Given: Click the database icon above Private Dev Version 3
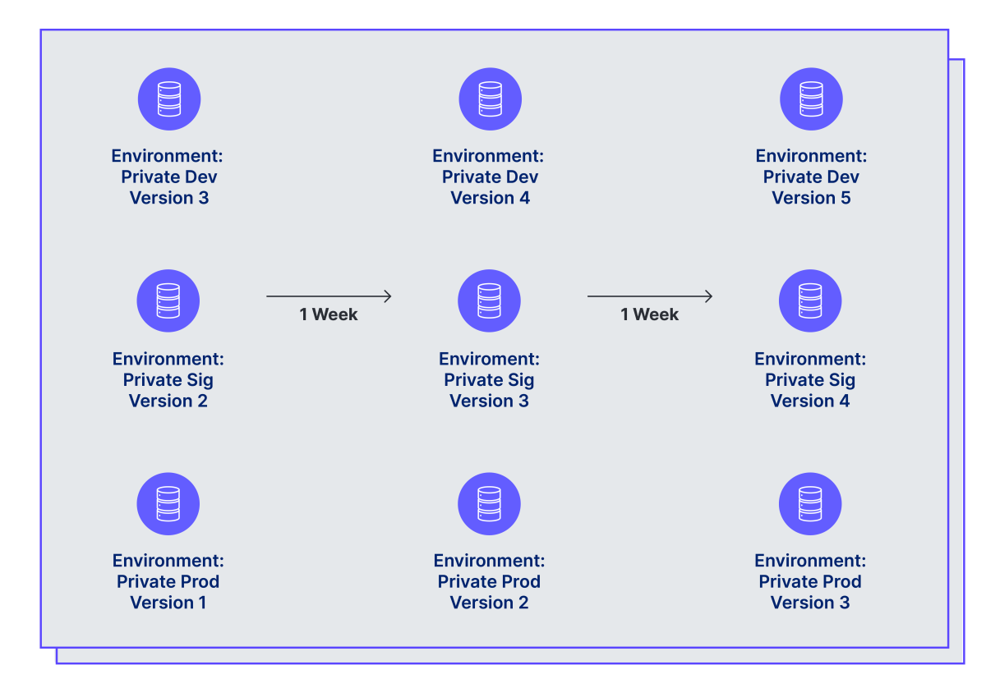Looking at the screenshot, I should pos(169,99).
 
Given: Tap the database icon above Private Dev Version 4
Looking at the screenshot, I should pos(491,99).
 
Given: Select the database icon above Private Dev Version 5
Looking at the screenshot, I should pos(811,99).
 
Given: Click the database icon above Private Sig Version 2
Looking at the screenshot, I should pos(168,301).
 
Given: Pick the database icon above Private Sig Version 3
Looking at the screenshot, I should pos(489,301).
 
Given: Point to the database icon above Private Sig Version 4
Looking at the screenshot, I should pos(810,301).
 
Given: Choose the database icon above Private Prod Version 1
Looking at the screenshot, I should pos(168,503).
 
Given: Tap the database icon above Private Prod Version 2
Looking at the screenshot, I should pos(489,503).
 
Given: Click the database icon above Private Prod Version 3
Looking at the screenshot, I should pos(810,503).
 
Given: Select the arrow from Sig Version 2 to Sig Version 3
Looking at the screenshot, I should pos(329,296).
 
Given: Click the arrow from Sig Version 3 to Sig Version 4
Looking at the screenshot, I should pos(650,296).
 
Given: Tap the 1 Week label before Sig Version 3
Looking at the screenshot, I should pos(329,314).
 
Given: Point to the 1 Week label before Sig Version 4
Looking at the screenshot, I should pos(650,314).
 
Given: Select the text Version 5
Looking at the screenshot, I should pos(811,198).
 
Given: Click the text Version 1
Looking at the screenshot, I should pos(168,603).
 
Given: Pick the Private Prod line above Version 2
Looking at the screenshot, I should pos(489,581).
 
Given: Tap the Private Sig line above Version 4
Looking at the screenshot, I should pos(810,380).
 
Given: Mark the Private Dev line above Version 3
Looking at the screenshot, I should pos(169,177).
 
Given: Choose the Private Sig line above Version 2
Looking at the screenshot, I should pos(168,380).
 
